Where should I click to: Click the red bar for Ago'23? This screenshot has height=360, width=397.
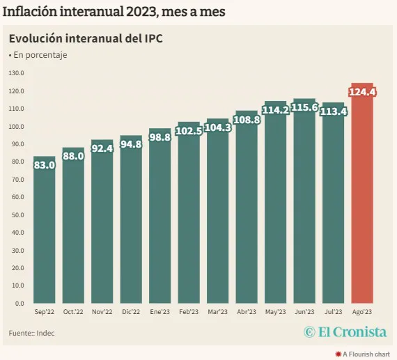point(361,202)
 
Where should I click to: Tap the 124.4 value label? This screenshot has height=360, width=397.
point(362,92)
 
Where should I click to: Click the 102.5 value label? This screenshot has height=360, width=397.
point(189,131)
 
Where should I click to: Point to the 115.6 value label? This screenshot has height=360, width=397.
point(304,107)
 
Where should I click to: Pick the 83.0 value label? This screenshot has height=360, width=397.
point(45,166)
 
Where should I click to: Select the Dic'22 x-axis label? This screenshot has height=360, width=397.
point(131,312)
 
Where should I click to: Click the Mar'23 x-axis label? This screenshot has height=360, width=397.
point(217,312)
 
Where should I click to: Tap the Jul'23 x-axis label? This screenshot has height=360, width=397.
point(333,312)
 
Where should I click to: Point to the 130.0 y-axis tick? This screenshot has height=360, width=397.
point(16,73)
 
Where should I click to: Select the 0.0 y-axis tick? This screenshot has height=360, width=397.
point(19,304)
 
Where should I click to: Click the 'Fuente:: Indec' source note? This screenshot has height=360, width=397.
point(32,334)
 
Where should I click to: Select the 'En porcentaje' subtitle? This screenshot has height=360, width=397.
point(38,55)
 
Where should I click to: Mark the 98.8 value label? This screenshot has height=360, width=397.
point(160,137)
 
